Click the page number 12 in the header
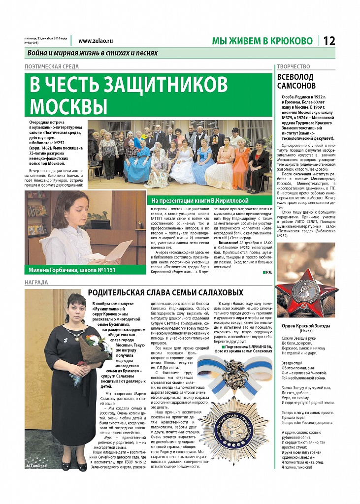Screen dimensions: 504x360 tap(329, 41)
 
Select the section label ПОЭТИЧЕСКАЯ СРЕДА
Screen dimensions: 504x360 tap(52, 66)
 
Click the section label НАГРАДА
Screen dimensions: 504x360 tap(36, 283)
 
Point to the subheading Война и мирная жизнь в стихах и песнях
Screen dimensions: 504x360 tap(93, 53)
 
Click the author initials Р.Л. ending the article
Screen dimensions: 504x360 tap(267, 272)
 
